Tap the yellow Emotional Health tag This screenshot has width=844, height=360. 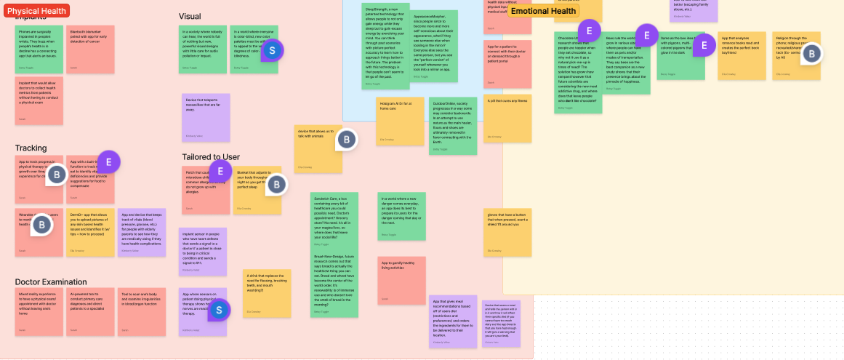[544, 11]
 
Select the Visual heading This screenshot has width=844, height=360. [190, 16]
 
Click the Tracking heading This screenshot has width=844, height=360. [31, 148]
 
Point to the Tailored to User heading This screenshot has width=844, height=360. [211, 156]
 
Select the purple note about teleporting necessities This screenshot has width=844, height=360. [206, 116]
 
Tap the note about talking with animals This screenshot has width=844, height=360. [318, 149]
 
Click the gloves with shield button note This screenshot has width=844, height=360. [502, 232]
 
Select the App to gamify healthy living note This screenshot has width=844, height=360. [401, 280]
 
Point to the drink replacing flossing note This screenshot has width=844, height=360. [266, 292]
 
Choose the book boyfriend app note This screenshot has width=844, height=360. [741, 55]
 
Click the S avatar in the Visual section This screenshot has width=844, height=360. [272, 50]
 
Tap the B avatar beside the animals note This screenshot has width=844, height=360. [347, 140]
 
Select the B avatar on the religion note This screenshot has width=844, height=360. [811, 53]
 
